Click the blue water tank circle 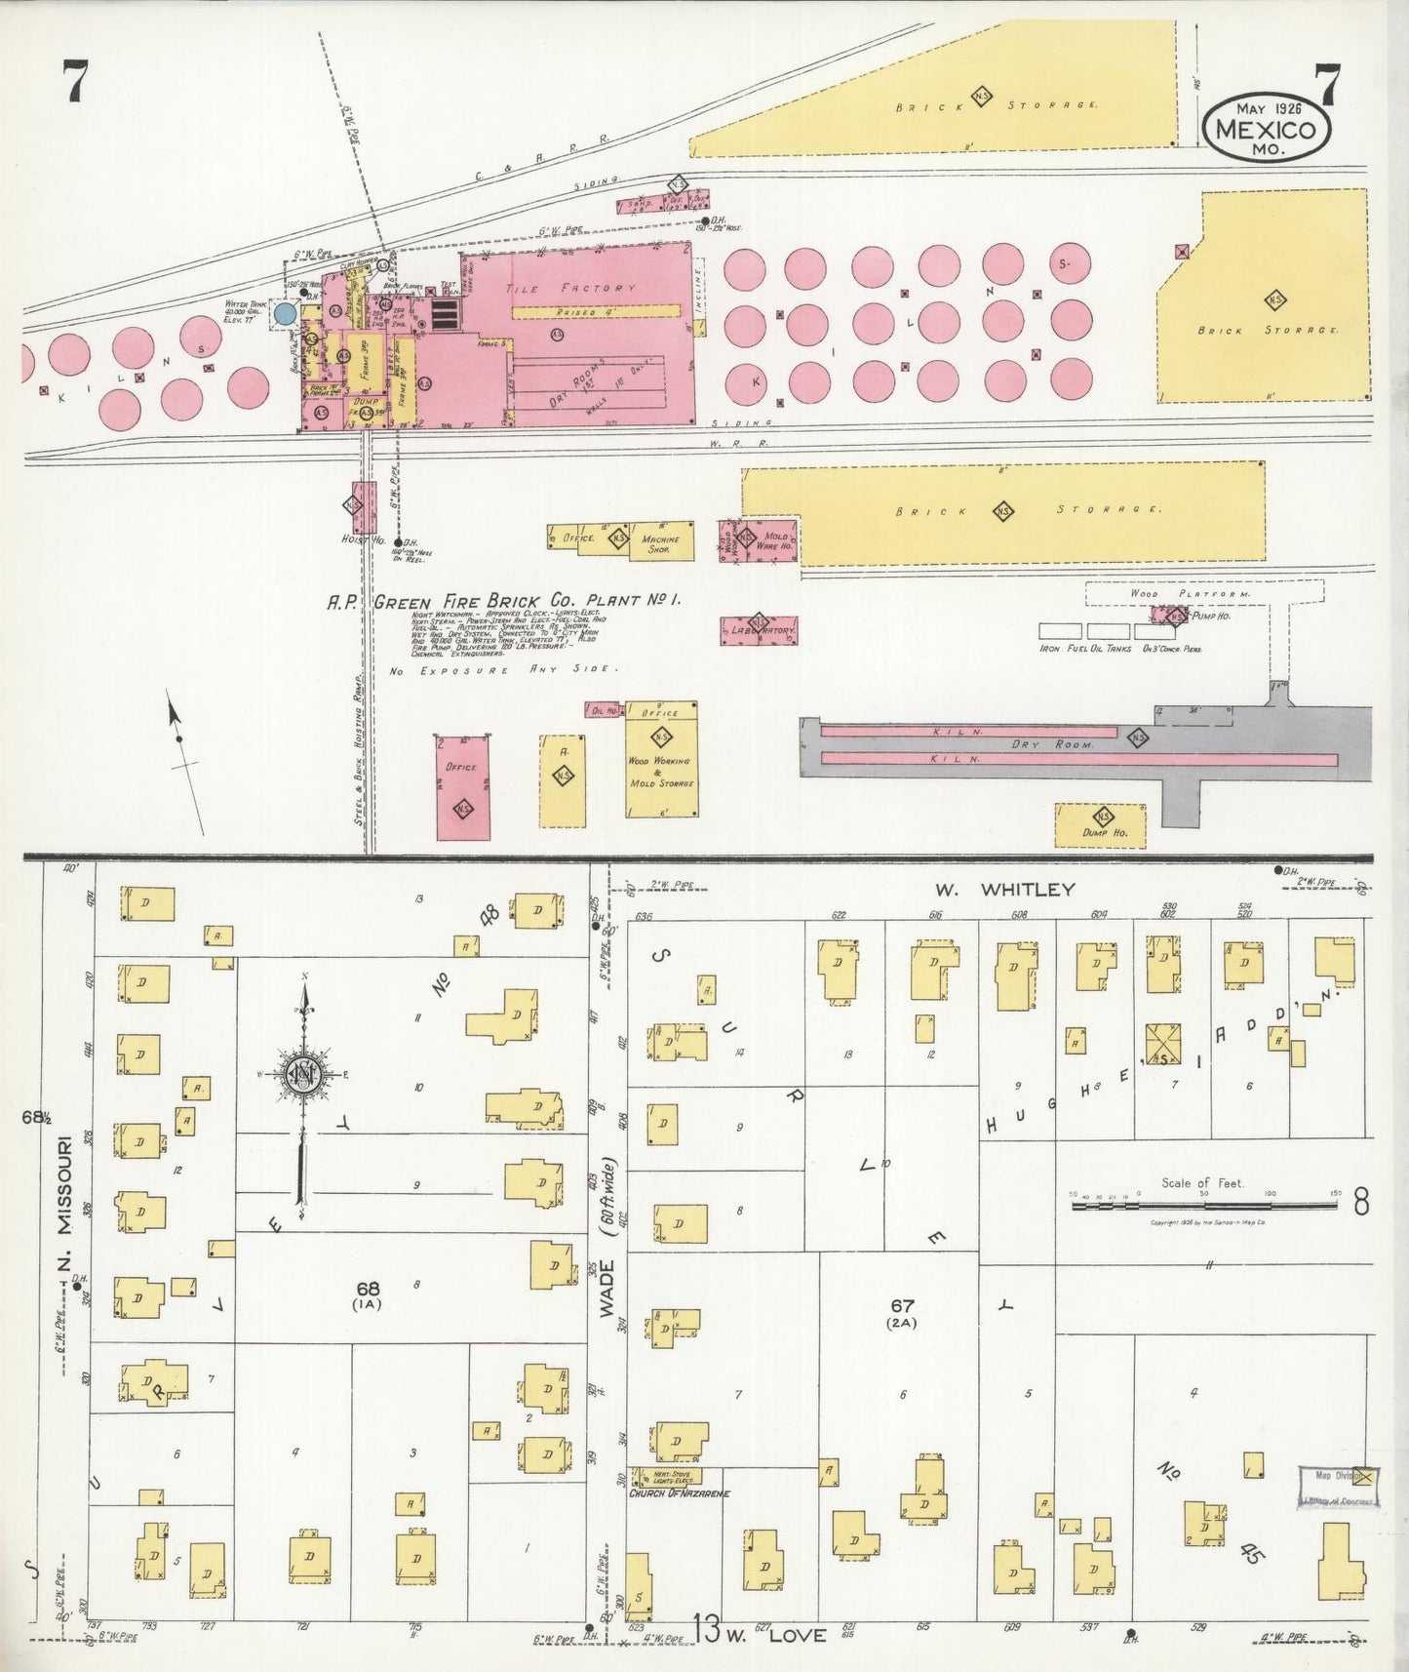pyautogui.click(x=285, y=313)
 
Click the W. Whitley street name pyautogui.click(x=1004, y=889)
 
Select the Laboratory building pyautogui.click(x=760, y=631)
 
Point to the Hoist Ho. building pyautogui.click(x=363, y=506)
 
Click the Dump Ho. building pyautogui.click(x=1100, y=824)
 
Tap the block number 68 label pyautogui.click(x=368, y=1289)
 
